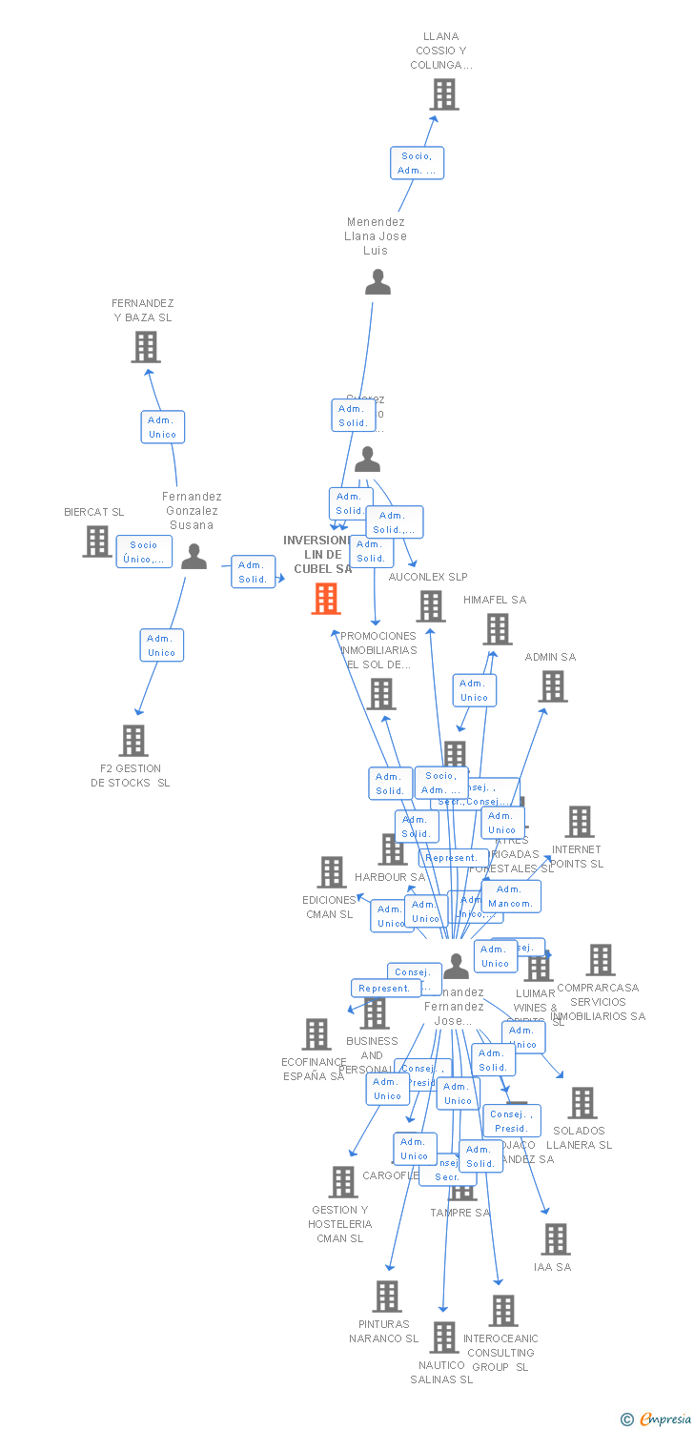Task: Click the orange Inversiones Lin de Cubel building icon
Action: (x=326, y=599)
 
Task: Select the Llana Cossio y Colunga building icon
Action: (x=444, y=94)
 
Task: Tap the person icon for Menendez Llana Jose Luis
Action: (x=378, y=282)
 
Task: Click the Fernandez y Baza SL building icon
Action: (x=146, y=347)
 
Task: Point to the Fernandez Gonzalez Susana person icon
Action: (x=194, y=556)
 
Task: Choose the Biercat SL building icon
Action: (x=97, y=541)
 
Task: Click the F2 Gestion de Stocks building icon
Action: (x=133, y=741)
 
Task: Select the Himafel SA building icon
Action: (x=498, y=629)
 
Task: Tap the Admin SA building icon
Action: (x=553, y=686)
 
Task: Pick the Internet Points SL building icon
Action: (x=579, y=822)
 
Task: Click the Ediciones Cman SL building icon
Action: (x=332, y=872)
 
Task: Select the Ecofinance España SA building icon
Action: (x=316, y=1034)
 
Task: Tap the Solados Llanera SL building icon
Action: (x=582, y=1103)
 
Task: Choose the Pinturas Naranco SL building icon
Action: (x=387, y=1297)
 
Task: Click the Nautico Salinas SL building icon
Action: (x=443, y=1338)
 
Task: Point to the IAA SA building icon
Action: (x=555, y=1239)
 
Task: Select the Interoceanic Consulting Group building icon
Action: (x=503, y=1311)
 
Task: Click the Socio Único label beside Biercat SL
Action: (x=144, y=552)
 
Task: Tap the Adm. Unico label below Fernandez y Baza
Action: (x=162, y=427)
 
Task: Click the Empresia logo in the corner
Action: (x=657, y=1419)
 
